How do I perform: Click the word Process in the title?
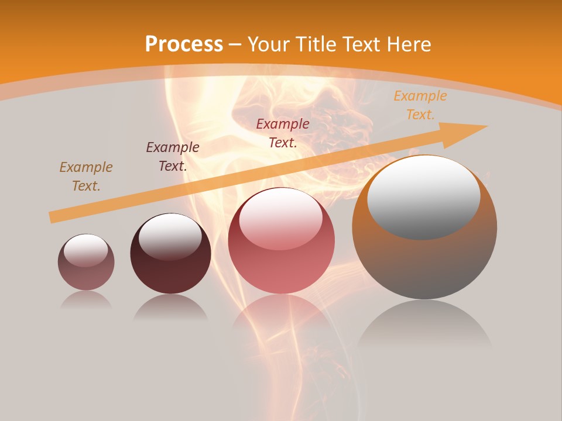click(x=184, y=44)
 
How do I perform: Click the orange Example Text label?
click(x=420, y=105)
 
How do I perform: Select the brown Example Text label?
click(x=86, y=177)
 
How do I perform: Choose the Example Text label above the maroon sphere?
click(x=173, y=157)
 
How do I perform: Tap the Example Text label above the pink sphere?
click(x=283, y=133)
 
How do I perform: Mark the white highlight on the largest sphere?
click(x=423, y=196)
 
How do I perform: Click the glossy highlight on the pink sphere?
click(x=280, y=219)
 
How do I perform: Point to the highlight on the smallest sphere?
click(x=85, y=250)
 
